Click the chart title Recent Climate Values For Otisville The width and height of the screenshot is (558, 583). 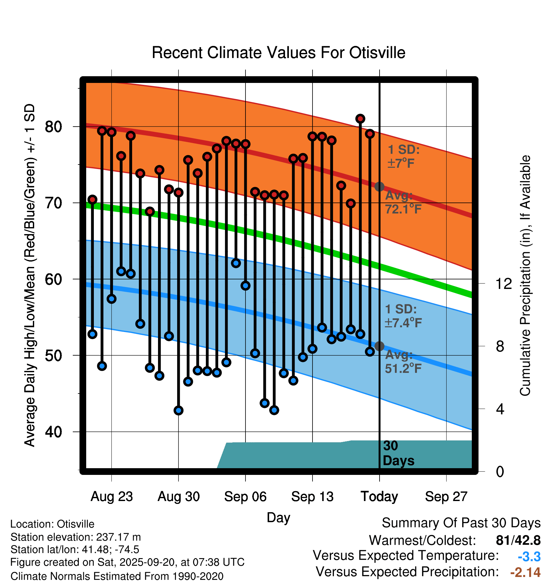[278, 53]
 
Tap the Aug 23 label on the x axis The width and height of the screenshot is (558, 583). [111, 497]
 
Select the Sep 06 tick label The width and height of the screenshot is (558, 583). [245, 497]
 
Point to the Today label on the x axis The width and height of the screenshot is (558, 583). [379, 497]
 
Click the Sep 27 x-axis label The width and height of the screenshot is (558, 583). [446, 497]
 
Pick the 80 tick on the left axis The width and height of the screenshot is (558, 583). [53, 127]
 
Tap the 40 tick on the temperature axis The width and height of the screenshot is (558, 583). [53, 432]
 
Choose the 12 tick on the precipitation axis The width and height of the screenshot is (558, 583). [504, 284]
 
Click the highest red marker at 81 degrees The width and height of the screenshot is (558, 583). [360, 119]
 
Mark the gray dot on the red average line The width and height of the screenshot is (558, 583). [379, 187]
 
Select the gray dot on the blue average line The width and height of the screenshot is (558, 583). [379, 346]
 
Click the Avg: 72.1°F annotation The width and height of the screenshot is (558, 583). [403, 203]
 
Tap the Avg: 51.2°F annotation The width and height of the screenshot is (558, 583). [403, 362]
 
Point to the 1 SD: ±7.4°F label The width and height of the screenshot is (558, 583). [403, 316]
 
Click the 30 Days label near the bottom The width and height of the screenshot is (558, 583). [398, 453]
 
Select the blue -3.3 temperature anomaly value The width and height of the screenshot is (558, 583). [529, 557]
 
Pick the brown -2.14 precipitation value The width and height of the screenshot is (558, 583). [525, 572]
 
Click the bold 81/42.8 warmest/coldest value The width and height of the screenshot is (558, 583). [518, 541]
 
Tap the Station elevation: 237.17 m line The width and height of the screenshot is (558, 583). [76, 537]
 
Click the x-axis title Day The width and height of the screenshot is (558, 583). [278, 517]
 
